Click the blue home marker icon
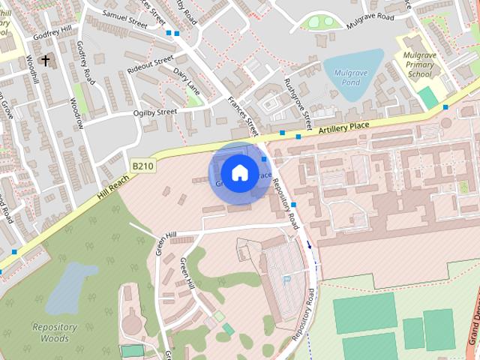(x=238, y=173)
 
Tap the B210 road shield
(x=142, y=166)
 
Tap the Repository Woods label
(x=55, y=332)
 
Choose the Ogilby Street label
(x=154, y=112)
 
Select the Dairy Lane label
(x=187, y=81)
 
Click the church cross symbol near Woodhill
(x=46, y=59)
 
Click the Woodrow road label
(x=76, y=112)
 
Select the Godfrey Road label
(x=87, y=62)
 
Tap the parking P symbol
(x=286, y=280)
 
